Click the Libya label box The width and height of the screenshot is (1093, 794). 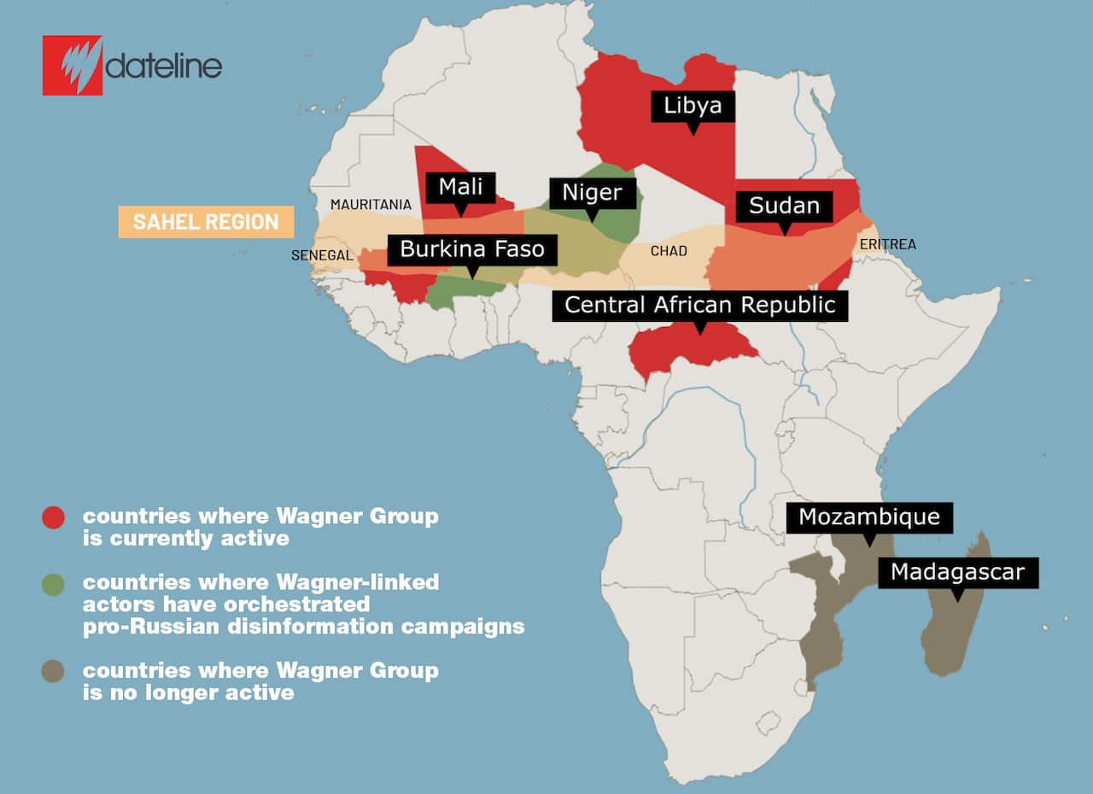(693, 106)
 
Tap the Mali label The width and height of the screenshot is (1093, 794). (461, 187)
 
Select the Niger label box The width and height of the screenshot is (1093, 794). (593, 193)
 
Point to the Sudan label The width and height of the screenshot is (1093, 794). (784, 206)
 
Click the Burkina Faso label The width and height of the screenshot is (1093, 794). (472, 250)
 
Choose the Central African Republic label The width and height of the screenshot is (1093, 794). (699, 306)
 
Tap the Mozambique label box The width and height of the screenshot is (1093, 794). (868, 517)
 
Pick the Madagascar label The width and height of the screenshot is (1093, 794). (956, 572)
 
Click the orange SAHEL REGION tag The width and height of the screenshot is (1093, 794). (206, 222)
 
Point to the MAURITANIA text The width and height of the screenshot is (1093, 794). (371, 205)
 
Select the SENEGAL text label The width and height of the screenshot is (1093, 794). (322, 255)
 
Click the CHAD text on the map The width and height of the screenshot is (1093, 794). (669, 251)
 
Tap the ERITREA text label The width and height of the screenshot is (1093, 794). (887, 244)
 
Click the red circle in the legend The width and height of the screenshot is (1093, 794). (53, 517)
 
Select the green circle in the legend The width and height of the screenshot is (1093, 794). (53, 585)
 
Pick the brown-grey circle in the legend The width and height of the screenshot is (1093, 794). (53, 672)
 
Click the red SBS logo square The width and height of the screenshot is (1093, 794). (73, 65)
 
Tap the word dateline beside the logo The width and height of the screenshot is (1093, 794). (164, 67)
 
